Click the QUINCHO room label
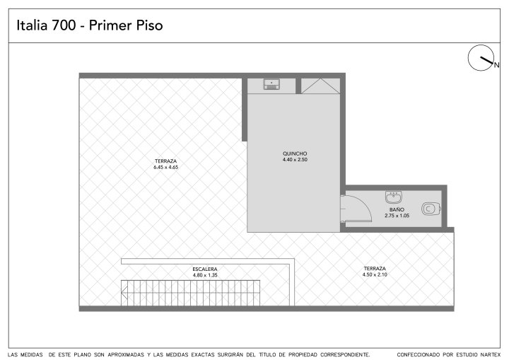(x=295, y=153)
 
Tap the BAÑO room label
(x=397, y=210)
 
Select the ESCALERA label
(x=205, y=269)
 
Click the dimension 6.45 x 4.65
(x=166, y=168)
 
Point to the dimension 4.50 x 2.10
(x=375, y=274)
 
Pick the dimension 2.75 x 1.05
(x=397, y=216)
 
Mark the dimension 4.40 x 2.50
(x=295, y=160)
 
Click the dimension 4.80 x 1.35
(x=205, y=275)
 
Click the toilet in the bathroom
(x=431, y=209)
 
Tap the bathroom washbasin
(x=394, y=197)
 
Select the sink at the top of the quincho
(x=271, y=84)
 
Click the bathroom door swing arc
(x=363, y=204)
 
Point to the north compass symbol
(x=481, y=58)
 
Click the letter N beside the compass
(x=496, y=65)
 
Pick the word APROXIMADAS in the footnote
(x=126, y=355)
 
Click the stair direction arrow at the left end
(x=124, y=293)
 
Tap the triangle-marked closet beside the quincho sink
(x=320, y=86)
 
